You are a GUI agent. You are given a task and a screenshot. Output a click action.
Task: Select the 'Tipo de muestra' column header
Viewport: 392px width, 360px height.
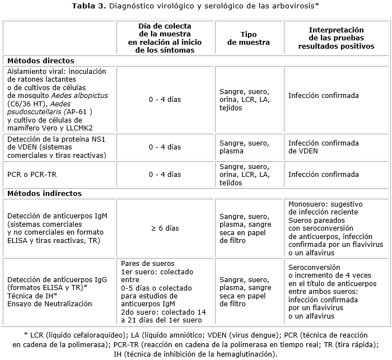tap(248, 38)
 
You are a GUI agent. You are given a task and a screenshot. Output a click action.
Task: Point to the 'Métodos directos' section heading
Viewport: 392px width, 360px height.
tap(41, 60)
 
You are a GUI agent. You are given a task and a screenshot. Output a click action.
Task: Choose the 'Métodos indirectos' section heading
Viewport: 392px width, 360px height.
tap(44, 193)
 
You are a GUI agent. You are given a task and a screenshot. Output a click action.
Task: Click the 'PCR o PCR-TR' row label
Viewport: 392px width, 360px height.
tap(32, 174)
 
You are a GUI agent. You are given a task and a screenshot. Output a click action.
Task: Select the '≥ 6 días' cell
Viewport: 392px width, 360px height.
tap(165, 228)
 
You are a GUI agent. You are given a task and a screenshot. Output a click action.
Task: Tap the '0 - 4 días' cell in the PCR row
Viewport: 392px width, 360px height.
tap(165, 174)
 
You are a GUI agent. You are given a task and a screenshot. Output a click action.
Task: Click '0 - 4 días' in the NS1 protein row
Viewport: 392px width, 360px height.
tap(165, 147)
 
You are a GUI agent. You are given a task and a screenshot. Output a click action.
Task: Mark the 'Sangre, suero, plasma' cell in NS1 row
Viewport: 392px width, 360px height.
tap(244, 147)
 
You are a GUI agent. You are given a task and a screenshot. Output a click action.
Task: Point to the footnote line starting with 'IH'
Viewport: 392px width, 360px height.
tap(195, 354)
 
